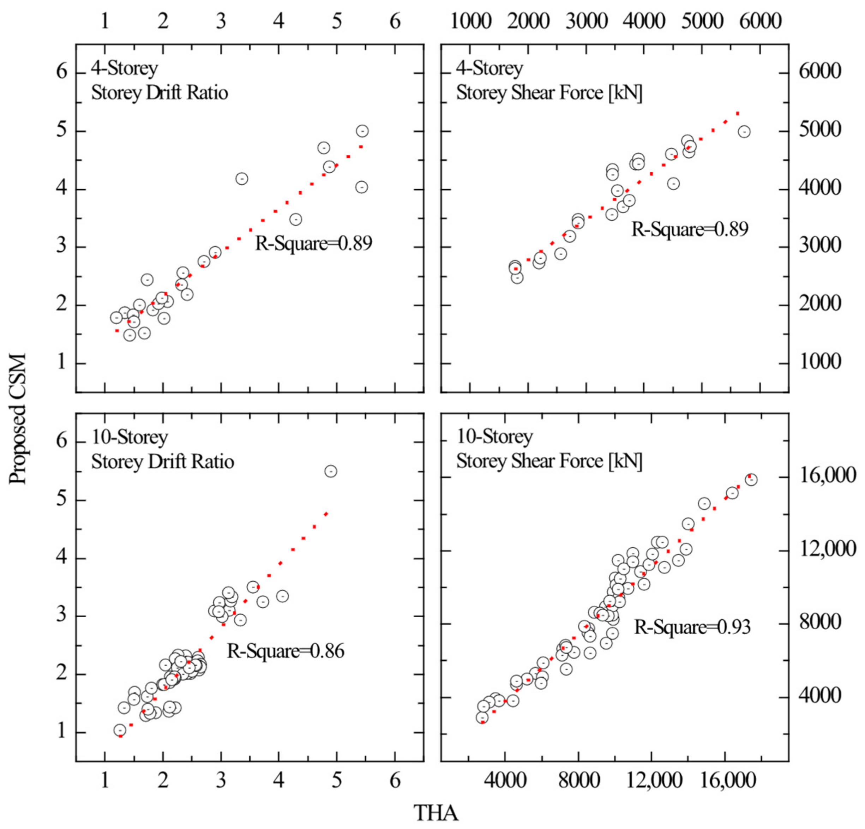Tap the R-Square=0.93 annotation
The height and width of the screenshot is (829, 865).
click(x=692, y=627)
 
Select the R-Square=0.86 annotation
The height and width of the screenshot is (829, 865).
click(x=286, y=651)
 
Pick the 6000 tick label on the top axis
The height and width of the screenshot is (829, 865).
click(x=761, y=21)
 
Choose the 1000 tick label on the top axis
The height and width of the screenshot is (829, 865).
click(x=470, y=21)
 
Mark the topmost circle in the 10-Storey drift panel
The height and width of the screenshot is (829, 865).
click(x=331, y=471)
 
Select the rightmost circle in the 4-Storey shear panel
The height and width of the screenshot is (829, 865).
click(x=744, y=132)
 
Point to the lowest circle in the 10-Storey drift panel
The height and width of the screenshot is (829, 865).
click(x=120, y=730)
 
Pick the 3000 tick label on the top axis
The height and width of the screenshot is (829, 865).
click(x=587, y=21)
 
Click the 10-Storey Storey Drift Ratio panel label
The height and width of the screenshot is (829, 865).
click(x=162, y=449)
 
